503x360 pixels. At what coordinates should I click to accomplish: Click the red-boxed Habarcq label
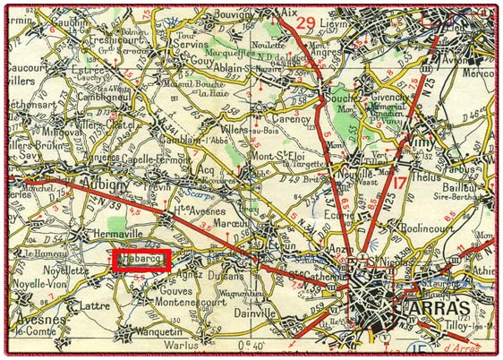click(141, 261)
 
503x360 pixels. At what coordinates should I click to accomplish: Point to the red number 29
click(304, 22)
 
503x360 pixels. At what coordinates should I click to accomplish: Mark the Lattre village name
click(96, 305)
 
